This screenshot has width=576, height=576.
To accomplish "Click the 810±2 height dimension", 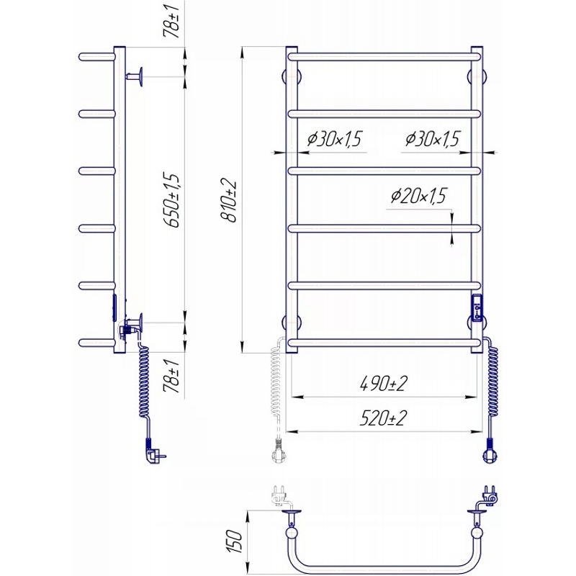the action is pyautogui.click(x=229, y=201).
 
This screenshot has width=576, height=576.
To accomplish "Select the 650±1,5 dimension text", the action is pyautogui.click(x=173, y=200).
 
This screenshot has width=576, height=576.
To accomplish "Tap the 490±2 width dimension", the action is pyautogui.click(x=383, y=384).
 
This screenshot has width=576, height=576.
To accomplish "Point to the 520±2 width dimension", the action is pyautogui.click(x=383, y=418).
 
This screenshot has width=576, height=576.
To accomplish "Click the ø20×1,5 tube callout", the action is pyautogui.click(x=418, y=196).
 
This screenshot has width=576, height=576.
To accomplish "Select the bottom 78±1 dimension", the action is pyautogui.click(x=173, y=376).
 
